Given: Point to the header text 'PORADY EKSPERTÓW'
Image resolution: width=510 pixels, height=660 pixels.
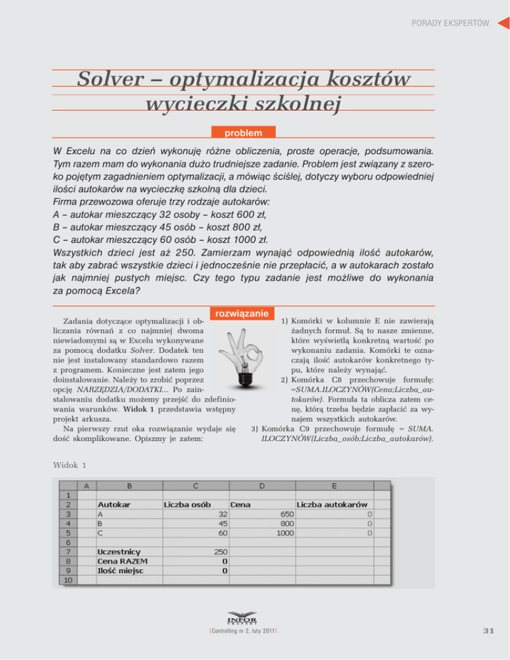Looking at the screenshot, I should (450, 23).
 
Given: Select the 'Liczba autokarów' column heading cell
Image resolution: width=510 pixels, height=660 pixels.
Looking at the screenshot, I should (332, 504).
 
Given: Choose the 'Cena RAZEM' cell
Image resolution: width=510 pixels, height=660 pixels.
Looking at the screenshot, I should (122, 560).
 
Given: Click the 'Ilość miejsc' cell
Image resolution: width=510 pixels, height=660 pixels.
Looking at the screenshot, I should (120, 570).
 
